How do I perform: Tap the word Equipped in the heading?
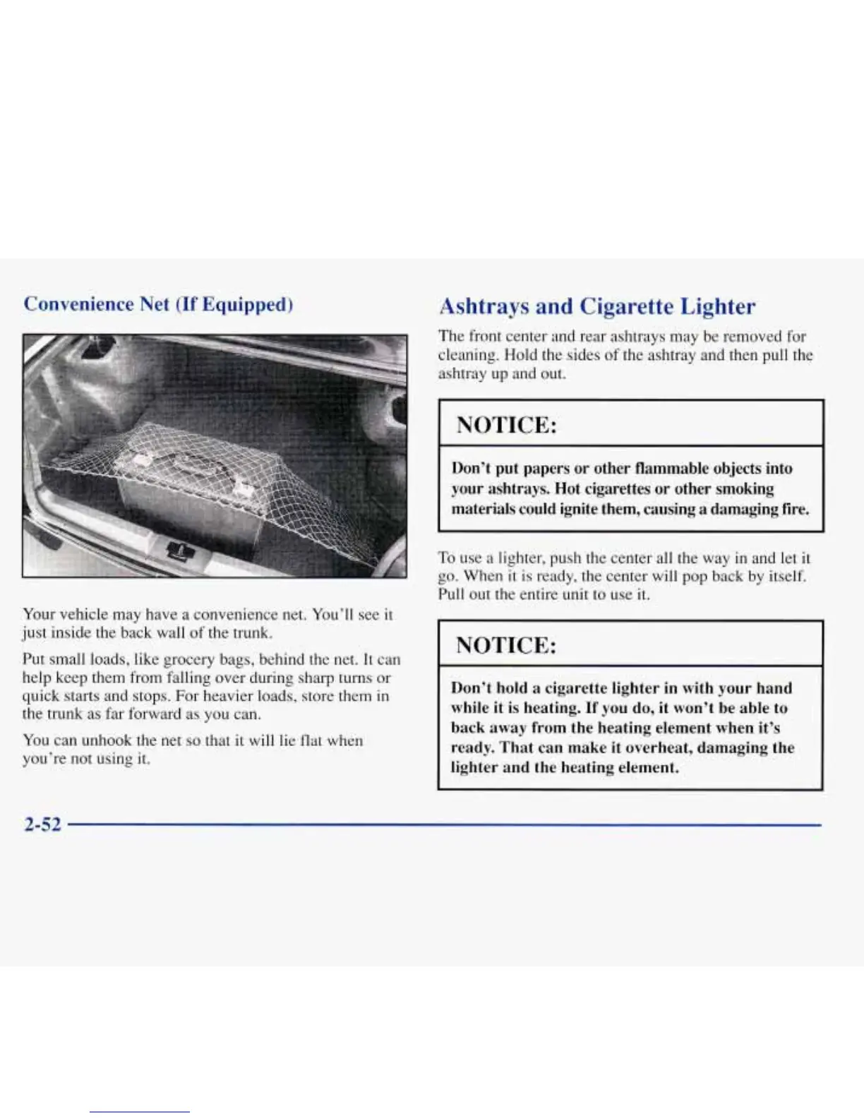pos(246,304)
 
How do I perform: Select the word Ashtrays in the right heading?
pos(484,306)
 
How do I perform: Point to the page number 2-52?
pos(42,824)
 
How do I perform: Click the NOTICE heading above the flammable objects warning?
pos(507,425)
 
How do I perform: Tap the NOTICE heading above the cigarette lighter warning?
pos(506,645)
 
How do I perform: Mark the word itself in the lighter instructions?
pos(787,576)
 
